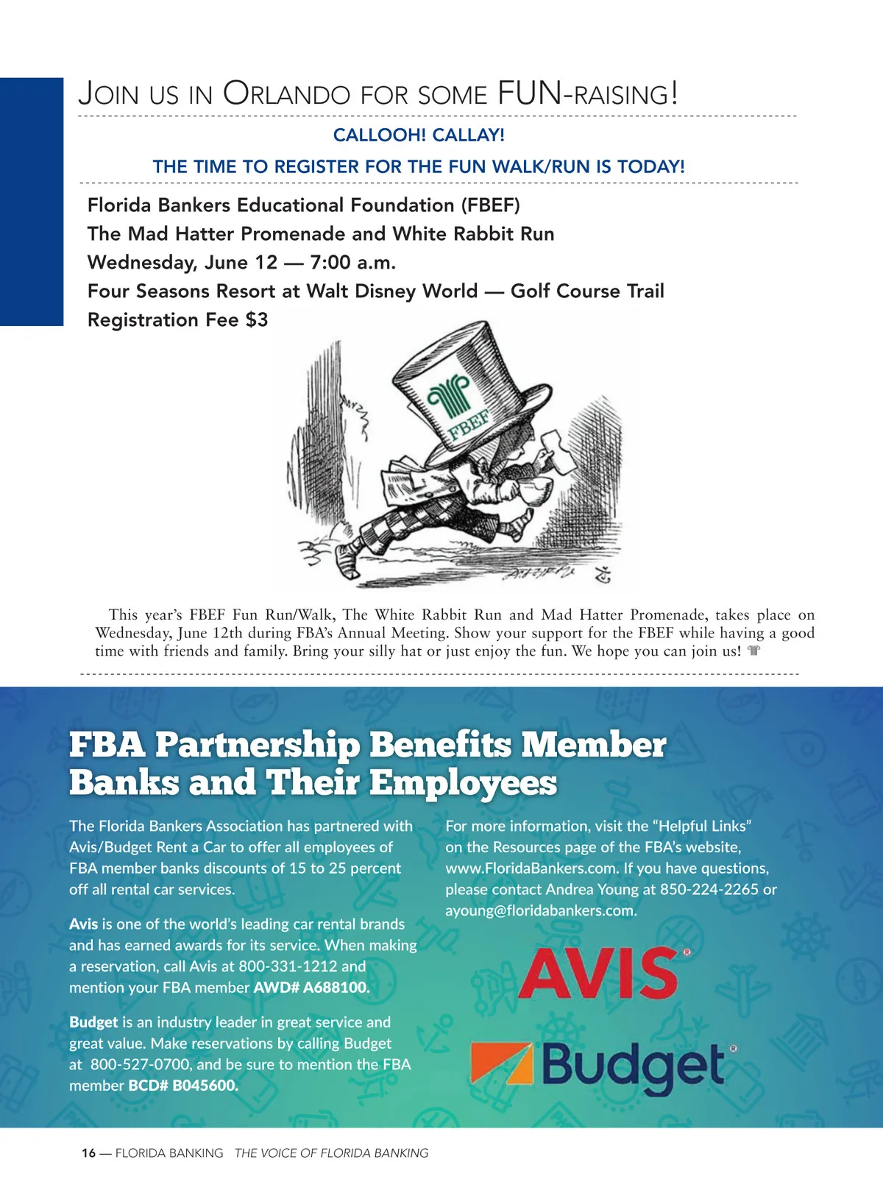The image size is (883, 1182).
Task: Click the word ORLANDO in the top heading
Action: point(287,94)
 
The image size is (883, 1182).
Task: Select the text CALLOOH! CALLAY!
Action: point(419,135)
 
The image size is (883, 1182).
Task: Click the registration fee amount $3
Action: point(258,320)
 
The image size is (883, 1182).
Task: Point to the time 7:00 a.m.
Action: point(353,263)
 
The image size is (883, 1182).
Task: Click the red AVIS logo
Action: point(598,974)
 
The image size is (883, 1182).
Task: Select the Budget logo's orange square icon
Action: point(501,1064)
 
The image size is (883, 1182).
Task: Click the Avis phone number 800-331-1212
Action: point(288,966)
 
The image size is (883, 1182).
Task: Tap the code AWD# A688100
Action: point(311,988)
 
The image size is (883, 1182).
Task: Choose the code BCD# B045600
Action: point(183,1086)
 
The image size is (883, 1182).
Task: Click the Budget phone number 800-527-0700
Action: point(141,1065)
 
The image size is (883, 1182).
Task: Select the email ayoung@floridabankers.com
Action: point(540,910)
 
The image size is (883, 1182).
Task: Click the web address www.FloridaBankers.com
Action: point(531,868)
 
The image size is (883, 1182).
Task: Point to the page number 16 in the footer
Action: point(88,1153)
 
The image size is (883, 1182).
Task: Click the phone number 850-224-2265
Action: point(709,890)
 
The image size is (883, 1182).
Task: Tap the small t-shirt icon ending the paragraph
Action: point(753,651)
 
